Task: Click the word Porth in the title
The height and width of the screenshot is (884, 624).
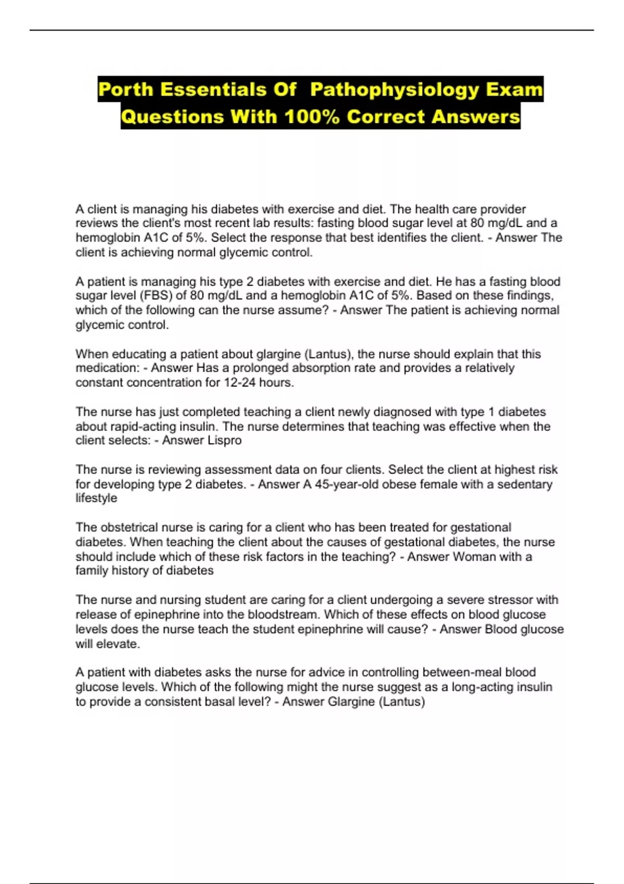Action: click(x=125, y=89)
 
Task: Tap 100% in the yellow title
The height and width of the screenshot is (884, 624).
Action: click(x=312, y=116)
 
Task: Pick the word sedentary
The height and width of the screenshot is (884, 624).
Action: click(x=524, y=484)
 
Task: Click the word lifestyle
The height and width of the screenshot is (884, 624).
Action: click(x=96, y=498)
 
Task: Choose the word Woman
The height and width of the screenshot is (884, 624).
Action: click(x=474, y=556)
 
